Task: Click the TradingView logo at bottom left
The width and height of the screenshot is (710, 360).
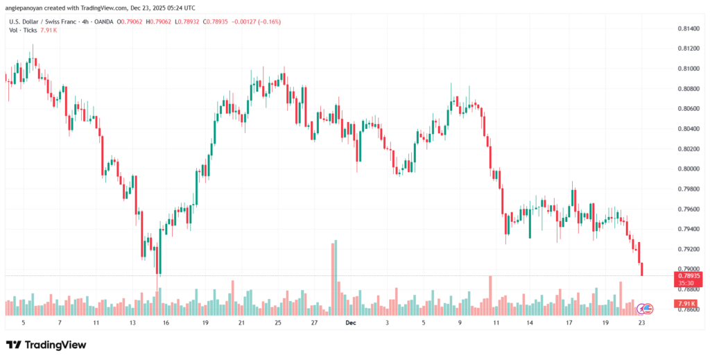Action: coord(47,345)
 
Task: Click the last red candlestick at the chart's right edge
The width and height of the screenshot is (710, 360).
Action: coord(642,269)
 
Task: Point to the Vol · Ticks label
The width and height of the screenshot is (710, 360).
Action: coord(23,31)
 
